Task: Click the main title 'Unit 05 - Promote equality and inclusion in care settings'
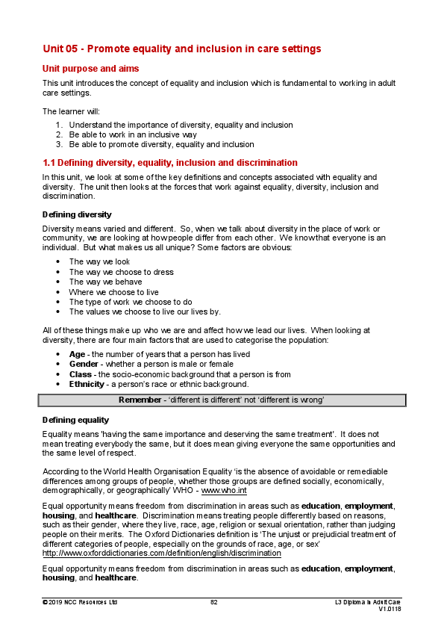pyautogui.click(x=181, y=49)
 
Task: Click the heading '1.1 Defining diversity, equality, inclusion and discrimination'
pyautogui.click(x=170, y=162)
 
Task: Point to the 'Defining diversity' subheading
pyautogui.click(x=77, y=214)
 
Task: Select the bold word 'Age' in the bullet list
pyautogui.click(x=77, y=354)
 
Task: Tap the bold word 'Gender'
pyautogui.click(x=84, y=364)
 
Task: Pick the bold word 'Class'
pyautogui.click(x=81, y=374)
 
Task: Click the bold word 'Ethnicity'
pyautogui.click(x=87, y=384)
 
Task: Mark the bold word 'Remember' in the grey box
pyautogui.click(x=141, y=400)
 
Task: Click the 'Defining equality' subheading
pyautogui.click(x=75, y=420)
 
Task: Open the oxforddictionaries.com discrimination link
pyautogui.click(x=161, y=554)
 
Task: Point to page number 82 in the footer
pyautogui.click(x=214, y=601)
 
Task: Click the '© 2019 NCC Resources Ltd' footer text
pyautogui.click(x=80, y=601)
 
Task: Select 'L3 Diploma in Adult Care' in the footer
pyautogui.click(x=367, y=601)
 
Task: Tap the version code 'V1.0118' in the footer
pyautogui.click(x=390, y=610)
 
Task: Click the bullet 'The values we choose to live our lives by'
pyautogui.click(x=144, y=312)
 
